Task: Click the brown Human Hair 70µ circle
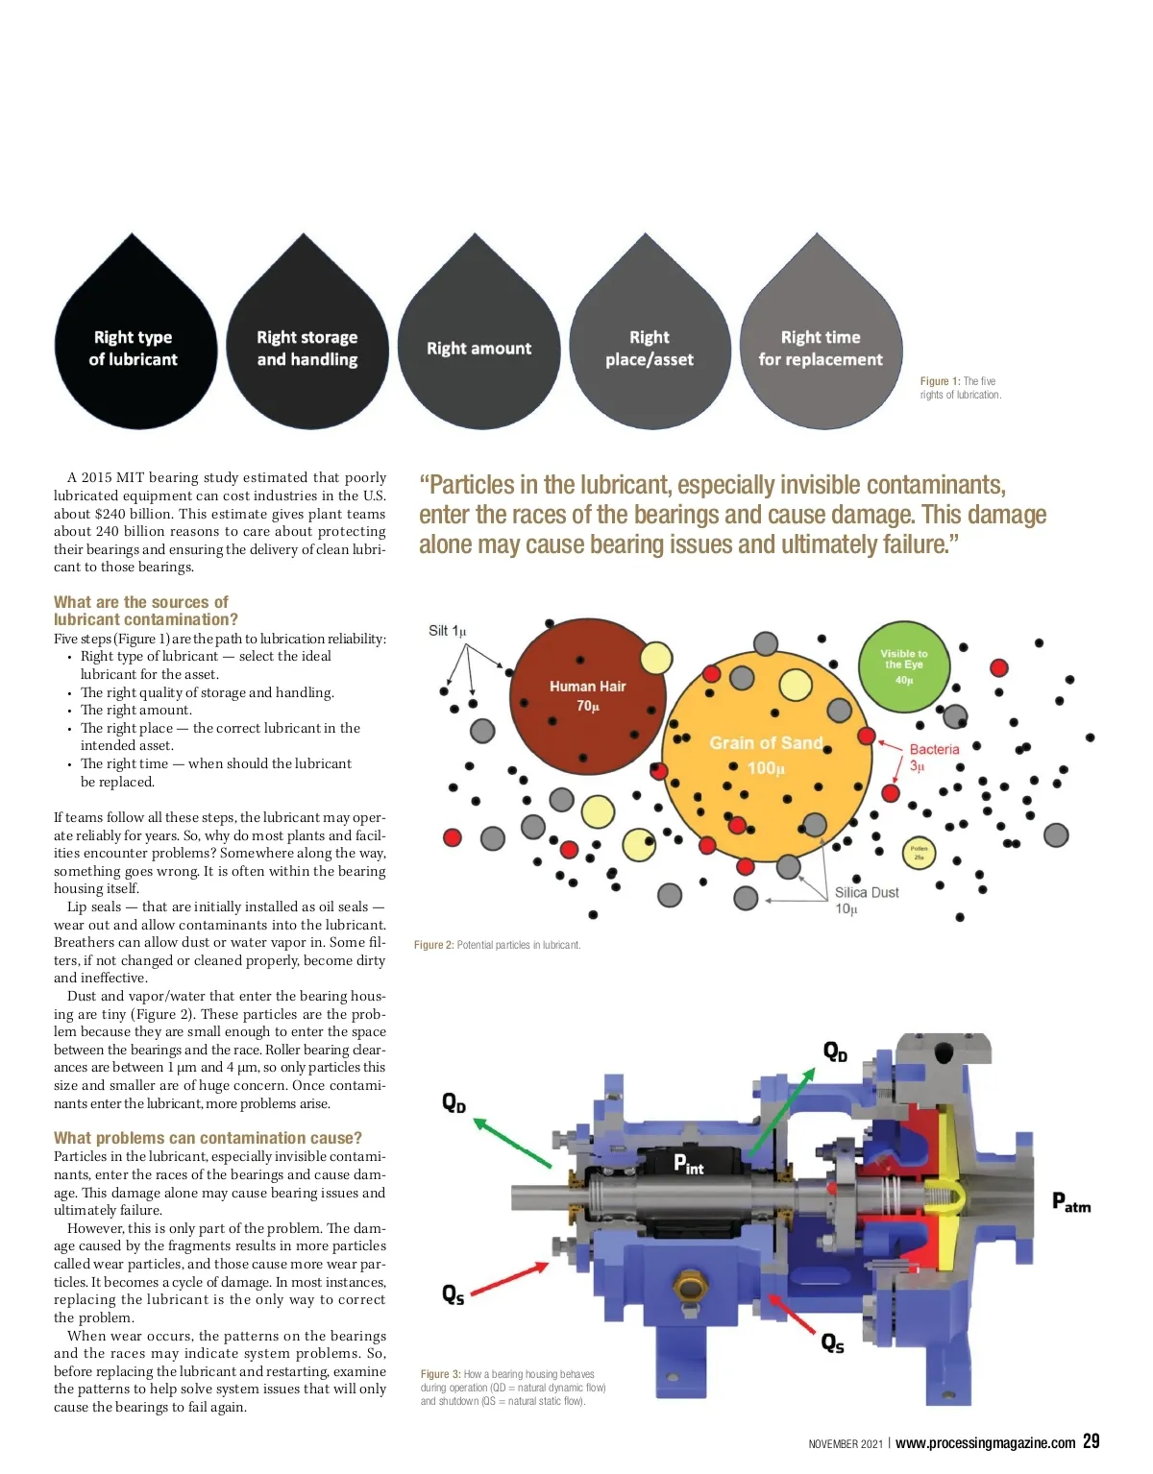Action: [588, 696]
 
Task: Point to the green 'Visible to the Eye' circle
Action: [904, 666]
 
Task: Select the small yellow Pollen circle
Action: [919, 853]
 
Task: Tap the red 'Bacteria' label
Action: [935, 749]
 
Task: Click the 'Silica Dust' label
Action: [867, 892]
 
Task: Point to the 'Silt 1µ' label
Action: [447, 631]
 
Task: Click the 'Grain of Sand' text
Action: [766, 743]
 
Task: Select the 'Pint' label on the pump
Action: [689, 1163]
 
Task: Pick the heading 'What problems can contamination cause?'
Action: [208, 1138]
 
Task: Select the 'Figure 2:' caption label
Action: [433, 945]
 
